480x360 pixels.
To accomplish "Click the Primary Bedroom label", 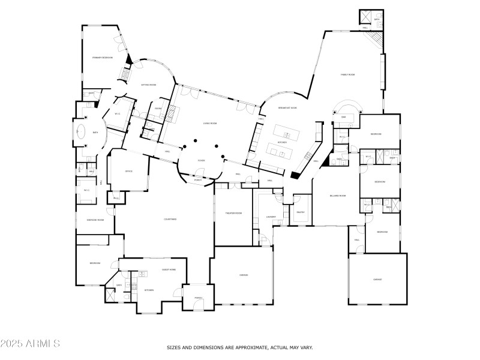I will [x=103, y=58].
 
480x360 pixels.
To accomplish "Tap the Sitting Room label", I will [x=148, y=85].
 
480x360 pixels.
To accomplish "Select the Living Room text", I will [x=209, y=123].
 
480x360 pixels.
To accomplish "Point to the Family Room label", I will [x=348, y=74].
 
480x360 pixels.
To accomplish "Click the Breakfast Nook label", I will [x=288, y=108].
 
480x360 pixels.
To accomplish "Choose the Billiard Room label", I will [x=337, y=196].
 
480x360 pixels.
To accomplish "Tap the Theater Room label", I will [x=233, y=213].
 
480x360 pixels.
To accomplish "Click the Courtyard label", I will [x=170, y=219].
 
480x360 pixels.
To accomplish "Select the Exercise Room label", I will [x=95, y=220].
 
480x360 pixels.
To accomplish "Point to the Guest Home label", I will [x=169, y=270].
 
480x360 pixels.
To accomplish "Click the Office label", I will [x=128, y=172].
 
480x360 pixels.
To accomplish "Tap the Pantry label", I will [x=301, y=212].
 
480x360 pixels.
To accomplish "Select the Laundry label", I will [x=271, y=217].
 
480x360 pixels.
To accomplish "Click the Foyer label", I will [x=202, y=161].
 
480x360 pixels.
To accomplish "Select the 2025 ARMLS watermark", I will [x=30, y=344].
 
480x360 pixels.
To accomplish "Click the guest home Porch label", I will [x=198, y=298].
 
